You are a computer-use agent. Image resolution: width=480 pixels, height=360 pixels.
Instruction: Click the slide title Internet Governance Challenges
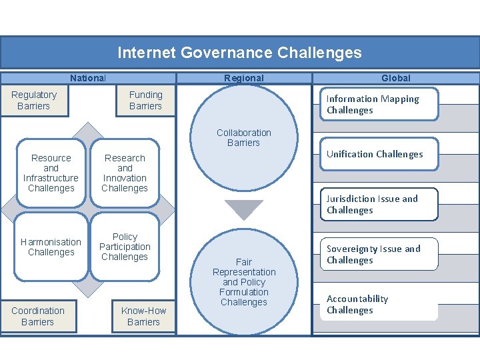[x=239, y=53]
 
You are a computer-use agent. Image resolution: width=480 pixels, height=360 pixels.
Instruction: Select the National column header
[x=88, y=78]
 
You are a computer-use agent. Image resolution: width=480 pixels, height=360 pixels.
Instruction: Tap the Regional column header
[x=243, y=78]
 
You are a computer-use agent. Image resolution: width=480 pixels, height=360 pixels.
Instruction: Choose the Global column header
[x=395, y=78]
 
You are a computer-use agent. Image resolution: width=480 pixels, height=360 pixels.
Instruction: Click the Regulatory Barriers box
[x=34, y=101]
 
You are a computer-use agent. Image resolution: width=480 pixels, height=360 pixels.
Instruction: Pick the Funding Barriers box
[x=145, y=101]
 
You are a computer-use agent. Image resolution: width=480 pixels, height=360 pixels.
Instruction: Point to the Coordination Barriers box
[x=38, y=316]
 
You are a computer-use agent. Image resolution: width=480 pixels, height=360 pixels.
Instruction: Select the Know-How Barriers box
[x=143, y=316]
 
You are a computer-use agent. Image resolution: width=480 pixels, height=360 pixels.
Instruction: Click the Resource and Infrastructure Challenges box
[x=51, y=173]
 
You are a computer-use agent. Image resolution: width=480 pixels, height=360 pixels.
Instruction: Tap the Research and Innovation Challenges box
[x=125, y=173]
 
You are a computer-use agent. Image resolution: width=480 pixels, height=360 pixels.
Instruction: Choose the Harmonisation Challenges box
[x=51, y=247]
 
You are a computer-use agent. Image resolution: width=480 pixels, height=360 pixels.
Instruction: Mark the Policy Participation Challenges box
[x=125, y=247]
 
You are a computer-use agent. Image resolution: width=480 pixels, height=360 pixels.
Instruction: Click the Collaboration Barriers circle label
[x=243, y=137]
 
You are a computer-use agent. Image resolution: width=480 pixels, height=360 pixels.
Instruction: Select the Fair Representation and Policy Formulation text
[x=244, y=282]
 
